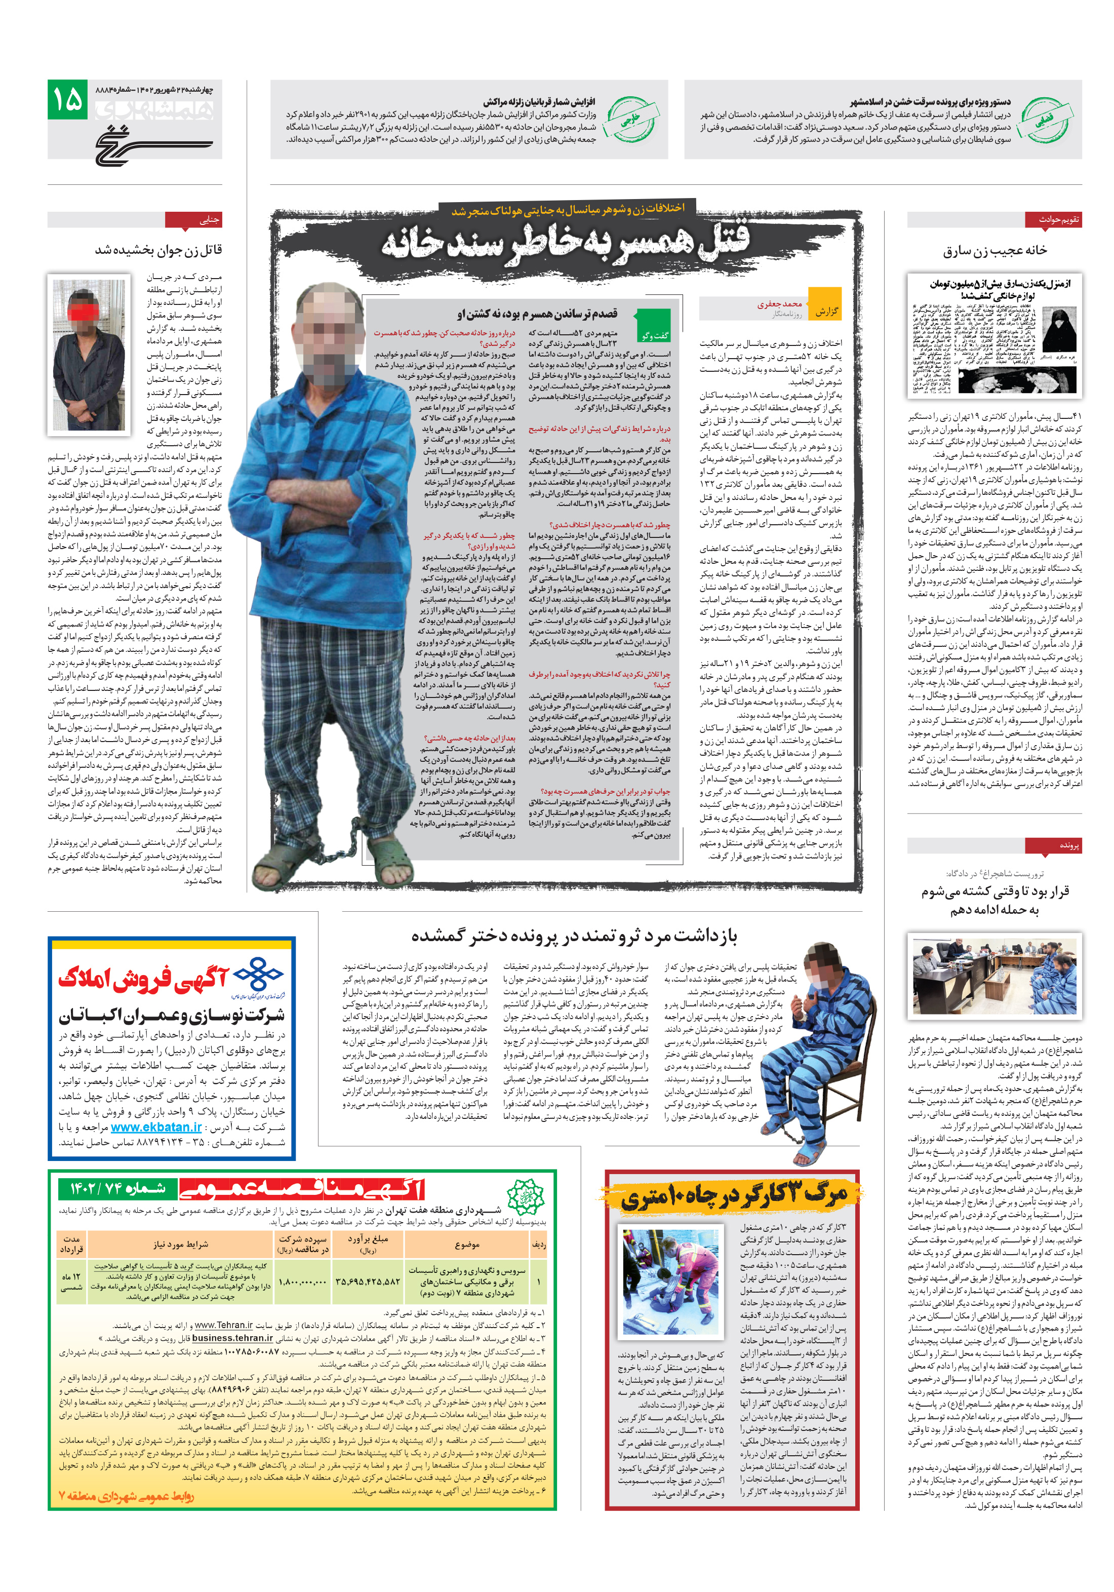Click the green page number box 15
point(67,100)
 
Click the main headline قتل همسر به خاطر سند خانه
point(565,243)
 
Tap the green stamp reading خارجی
point(629,119)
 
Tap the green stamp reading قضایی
point(1043,119)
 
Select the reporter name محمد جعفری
point(779,304)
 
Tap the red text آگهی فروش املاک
point(143,979)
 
